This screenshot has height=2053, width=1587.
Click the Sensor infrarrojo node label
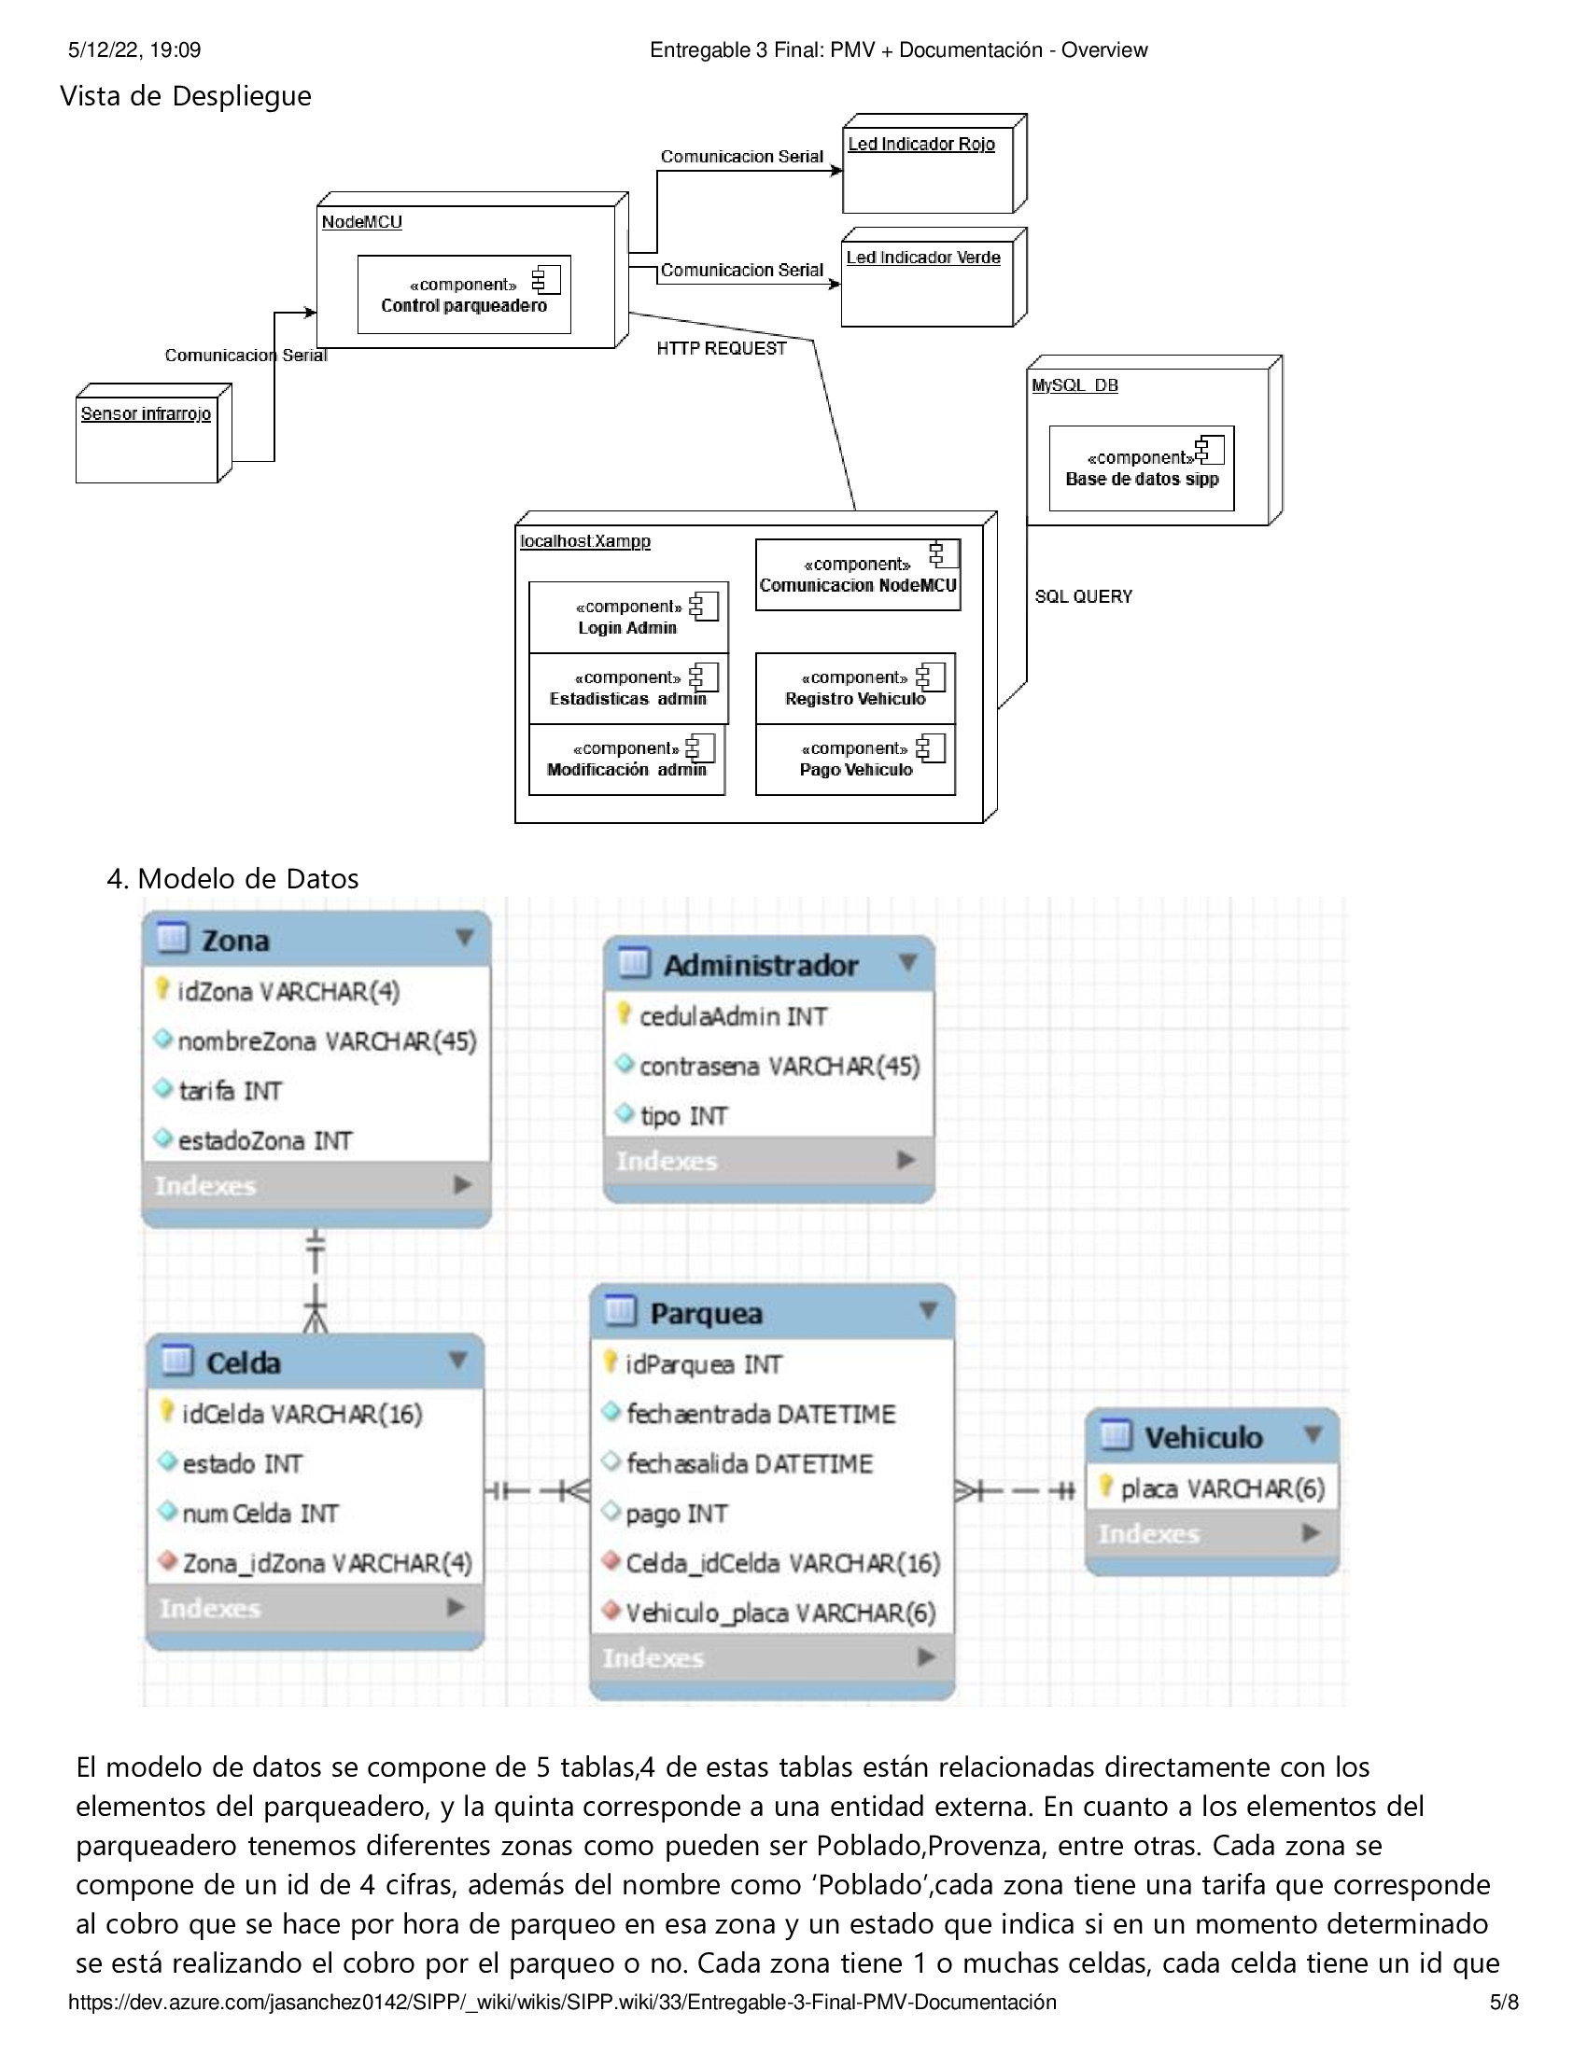click(146, 413)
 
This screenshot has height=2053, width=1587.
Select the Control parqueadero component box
click(465, 294)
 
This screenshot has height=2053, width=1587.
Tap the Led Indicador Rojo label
click(921, 144)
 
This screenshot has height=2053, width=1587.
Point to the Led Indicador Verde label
click(923, 258)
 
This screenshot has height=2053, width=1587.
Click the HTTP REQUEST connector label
click(721, 349)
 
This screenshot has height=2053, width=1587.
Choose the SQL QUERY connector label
click(1083, 597)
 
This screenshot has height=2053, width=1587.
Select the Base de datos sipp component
click(1142, 468)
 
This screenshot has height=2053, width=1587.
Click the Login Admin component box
click(629, 617)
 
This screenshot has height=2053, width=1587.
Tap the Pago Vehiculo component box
click(855, 760)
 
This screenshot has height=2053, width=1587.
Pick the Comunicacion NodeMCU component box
click(858, 575)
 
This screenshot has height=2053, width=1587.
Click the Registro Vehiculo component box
click(855, 688)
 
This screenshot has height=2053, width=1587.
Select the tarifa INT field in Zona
click(218, 1090)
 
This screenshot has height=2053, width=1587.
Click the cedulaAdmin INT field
click(722, 1016)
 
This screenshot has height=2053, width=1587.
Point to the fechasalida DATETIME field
click(738, 1463)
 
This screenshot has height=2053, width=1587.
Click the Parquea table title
click(706, 1313)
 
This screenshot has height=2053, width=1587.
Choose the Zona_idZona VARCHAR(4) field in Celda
click(316, 1563)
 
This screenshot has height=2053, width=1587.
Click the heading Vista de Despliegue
click(185, 96)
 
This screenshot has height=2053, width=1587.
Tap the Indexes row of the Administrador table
click(769, 1161)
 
